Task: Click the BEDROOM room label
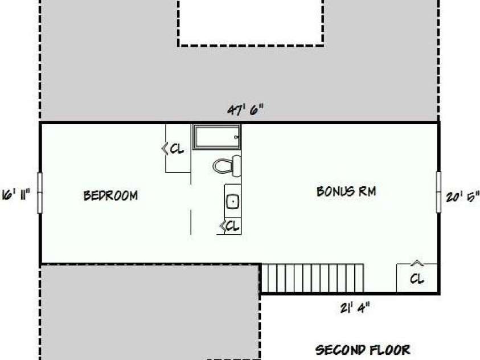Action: (110, 195)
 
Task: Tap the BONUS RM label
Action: (346, 191)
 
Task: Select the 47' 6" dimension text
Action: (245, 109)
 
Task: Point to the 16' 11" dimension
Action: (16, 195)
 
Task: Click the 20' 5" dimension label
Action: (462, 197)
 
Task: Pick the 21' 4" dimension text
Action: (355, 308)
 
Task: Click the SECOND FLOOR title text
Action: (363, 350)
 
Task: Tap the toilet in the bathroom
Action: (227, 166)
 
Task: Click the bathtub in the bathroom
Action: (216, 137)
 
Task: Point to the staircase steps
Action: (312, 278)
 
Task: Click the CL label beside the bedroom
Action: (177, 149)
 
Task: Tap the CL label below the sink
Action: (232, 226)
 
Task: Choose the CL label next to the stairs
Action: (417, 279)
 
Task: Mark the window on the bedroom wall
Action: (39, 193)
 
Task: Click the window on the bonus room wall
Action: (438, 192)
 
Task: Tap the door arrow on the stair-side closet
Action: (417, 263)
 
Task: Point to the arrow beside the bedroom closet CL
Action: (165, 149)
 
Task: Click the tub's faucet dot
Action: (236, 137)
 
